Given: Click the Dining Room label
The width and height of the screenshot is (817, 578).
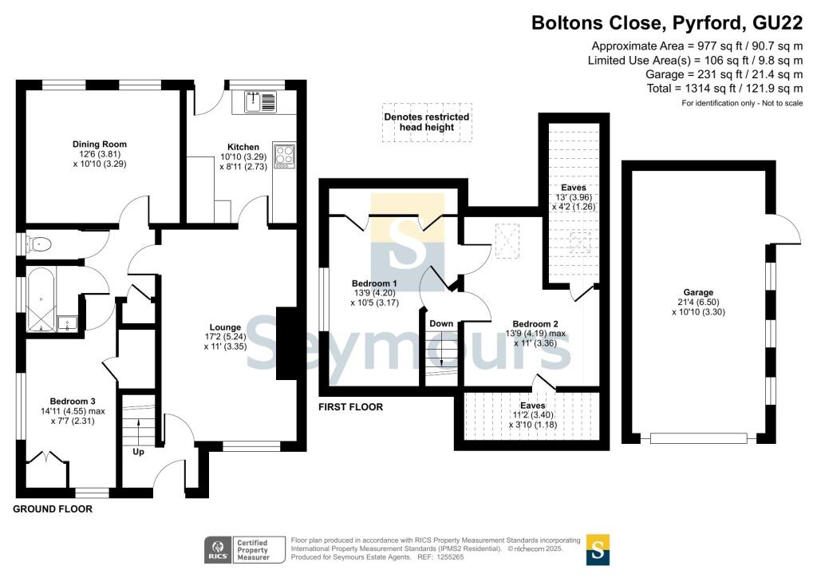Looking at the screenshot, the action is (100, 144).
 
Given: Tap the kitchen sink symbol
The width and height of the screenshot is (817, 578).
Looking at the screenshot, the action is (261, 101).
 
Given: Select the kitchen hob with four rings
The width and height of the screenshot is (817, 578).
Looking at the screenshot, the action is (285, 156).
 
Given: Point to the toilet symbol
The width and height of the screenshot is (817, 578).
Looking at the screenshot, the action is (40, 244).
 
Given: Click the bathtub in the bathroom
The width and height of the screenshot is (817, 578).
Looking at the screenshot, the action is (41, 299).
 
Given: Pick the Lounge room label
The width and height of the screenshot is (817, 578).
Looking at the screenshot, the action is (225, 328).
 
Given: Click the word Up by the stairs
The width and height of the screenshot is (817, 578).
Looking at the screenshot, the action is (138, 452).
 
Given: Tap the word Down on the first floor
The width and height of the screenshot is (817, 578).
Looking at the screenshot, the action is (441, 323).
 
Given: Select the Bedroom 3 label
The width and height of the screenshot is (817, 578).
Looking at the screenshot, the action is (73, 402).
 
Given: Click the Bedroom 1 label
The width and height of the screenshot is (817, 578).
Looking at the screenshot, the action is (374, 283).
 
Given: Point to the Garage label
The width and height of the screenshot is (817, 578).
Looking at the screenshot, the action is (698, 292).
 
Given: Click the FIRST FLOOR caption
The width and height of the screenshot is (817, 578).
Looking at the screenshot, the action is (351, 407).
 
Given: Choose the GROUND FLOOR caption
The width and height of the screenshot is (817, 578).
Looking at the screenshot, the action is (53, 509).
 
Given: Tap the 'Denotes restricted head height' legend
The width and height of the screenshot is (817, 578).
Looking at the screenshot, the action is (427, 122).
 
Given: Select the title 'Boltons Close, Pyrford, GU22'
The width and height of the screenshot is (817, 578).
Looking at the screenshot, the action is (667, 23).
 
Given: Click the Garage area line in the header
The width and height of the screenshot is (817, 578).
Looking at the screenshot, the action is (724, 74).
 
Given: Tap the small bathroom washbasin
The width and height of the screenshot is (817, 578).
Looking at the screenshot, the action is (67, 323).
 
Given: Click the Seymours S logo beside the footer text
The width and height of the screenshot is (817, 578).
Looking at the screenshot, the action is (598, 550).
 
